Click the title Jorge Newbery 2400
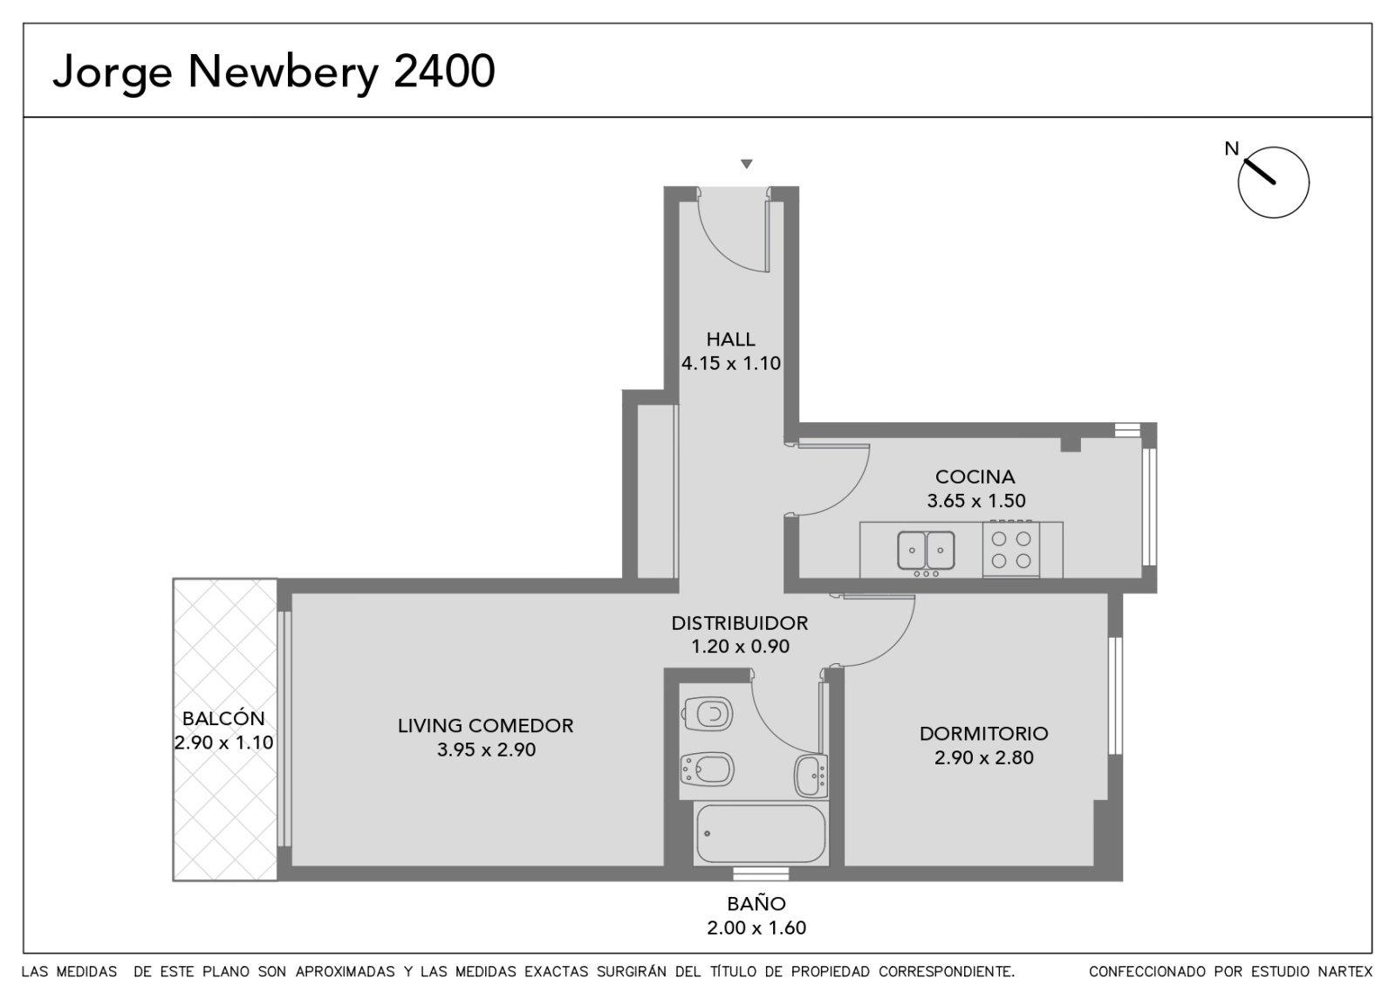tap(274, 72)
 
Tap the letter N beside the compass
tap(1231, 149)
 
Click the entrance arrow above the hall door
tap(747, 164)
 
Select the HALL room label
tap(730, 339)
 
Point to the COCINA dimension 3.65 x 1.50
tap(976, 501)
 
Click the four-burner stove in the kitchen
tap(1011, 549)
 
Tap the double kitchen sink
tap(926, 551)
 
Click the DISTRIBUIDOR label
tap(740, 623)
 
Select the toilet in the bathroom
tap(708, 713)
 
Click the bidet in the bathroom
tap(707, 770)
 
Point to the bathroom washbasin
tap(811, 776)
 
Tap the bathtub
tap(761, 833)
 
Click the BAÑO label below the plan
tap(756, 904)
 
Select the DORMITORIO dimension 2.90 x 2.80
tap(984, 757)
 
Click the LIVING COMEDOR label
tap(486, 725)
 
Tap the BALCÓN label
tap(223, 718)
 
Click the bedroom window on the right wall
tap(1115, 695)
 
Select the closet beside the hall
tap(657, 491)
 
